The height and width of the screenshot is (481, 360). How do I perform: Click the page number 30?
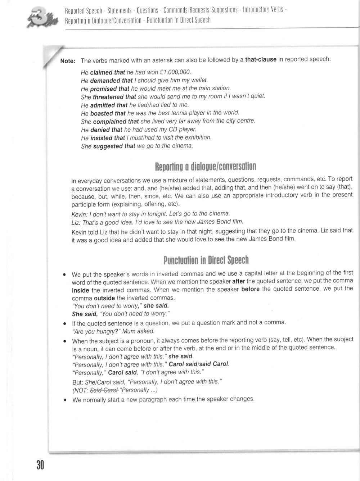pyautogui.click(x=40, y=465)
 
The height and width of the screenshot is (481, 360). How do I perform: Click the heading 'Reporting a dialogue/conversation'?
pyautogui.click(x=205, y=167)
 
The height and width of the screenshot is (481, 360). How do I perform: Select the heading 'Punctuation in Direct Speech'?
pyautogui.click(x=206, y=260)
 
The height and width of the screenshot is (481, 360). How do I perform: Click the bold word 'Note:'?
pyautogui.click(x=68, y=61)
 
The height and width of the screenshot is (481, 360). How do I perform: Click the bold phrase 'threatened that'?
pyautogui.click(x=114, y=97)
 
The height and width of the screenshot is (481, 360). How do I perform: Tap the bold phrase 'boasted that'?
pyautogui.click(x=108, y=113)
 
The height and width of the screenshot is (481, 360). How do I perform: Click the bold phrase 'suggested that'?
pyautogui.click(x=114, y=146)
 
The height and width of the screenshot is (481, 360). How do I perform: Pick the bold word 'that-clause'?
pyautogui.click(x=261, y=60)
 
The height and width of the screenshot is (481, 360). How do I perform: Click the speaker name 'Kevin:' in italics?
pyautogui.click(x=79, y=214)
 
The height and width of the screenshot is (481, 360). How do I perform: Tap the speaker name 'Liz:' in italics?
pyautogui.click(x=76, y=222)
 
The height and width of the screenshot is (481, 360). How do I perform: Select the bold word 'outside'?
pyautogui.click(x=104, y=298)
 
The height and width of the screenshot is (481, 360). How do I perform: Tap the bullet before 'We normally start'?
pyautogui.click(x=64, y=400)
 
